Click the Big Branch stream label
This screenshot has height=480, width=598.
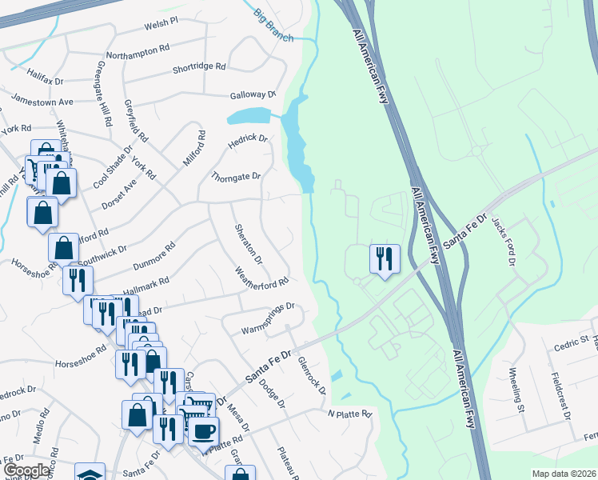274,25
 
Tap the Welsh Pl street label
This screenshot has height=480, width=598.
161,26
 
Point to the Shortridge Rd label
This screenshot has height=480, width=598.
199,68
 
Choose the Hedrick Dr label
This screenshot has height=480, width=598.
248,138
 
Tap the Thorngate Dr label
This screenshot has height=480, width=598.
236,176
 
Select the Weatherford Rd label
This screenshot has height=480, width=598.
261,284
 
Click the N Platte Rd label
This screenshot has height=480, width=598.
350,414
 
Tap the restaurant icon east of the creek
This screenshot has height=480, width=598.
384,258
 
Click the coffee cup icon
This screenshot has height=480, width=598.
203,430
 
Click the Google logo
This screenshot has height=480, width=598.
26,470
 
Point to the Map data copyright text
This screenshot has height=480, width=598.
563,474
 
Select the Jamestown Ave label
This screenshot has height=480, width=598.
42,102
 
